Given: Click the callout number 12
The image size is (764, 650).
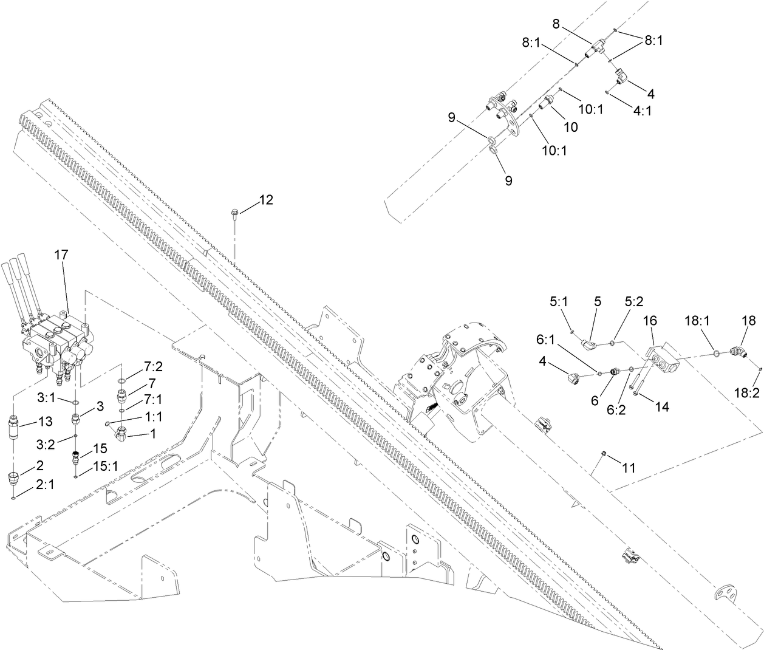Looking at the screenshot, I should point(266,199).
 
